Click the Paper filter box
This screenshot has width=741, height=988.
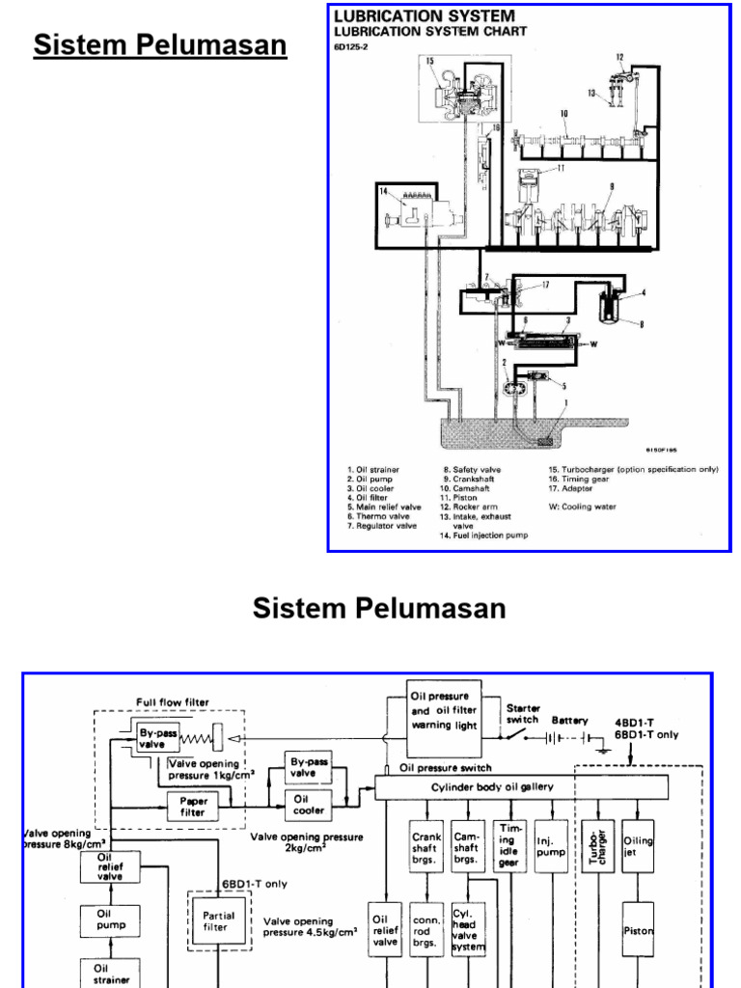(193, 807)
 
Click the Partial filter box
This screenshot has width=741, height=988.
(215, 920)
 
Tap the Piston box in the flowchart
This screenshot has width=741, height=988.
(639, 931)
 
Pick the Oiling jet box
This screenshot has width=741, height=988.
(639, 846)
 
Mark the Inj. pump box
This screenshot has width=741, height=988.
(550, 846)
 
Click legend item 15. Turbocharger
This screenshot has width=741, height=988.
(633, 470)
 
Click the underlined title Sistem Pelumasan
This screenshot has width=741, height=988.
(161, 45)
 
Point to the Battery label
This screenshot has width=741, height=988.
(570, 721)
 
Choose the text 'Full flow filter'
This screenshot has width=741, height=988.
(172, 701)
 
